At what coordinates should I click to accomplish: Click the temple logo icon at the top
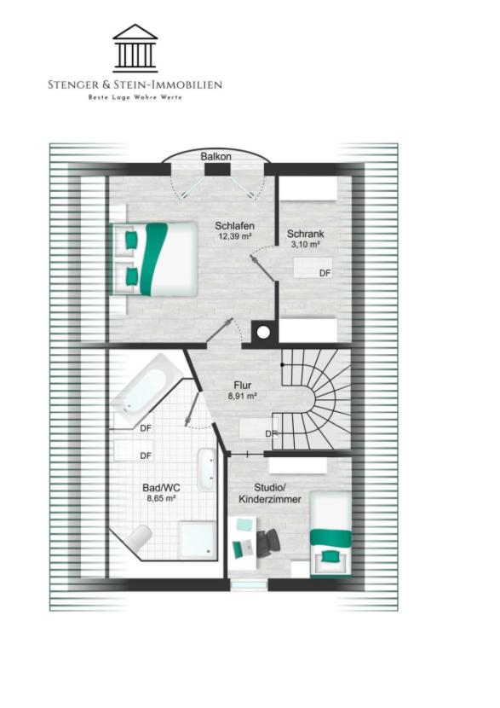coord(135,49)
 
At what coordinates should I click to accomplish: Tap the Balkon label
coord(216,157)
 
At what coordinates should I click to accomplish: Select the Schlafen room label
coord(234,226)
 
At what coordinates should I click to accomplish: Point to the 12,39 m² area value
coord(234,236)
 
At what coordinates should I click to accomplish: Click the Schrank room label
coord(305,234)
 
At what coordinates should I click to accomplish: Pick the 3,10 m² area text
coord(305,244)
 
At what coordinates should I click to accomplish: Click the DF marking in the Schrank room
coord(325,273)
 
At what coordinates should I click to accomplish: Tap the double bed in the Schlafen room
coord(156,258)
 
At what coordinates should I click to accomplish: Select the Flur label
coord(243,386)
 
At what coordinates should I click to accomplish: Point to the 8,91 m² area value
coord(243,396)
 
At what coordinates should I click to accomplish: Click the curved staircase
coord(316,398)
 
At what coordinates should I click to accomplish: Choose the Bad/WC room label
coord(161,488)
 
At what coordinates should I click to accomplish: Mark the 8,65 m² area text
coord(161,498)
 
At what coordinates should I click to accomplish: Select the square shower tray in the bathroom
coord(198,541)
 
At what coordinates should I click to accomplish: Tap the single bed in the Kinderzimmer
coord(330,534)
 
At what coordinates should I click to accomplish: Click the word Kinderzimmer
coord(270,499)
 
